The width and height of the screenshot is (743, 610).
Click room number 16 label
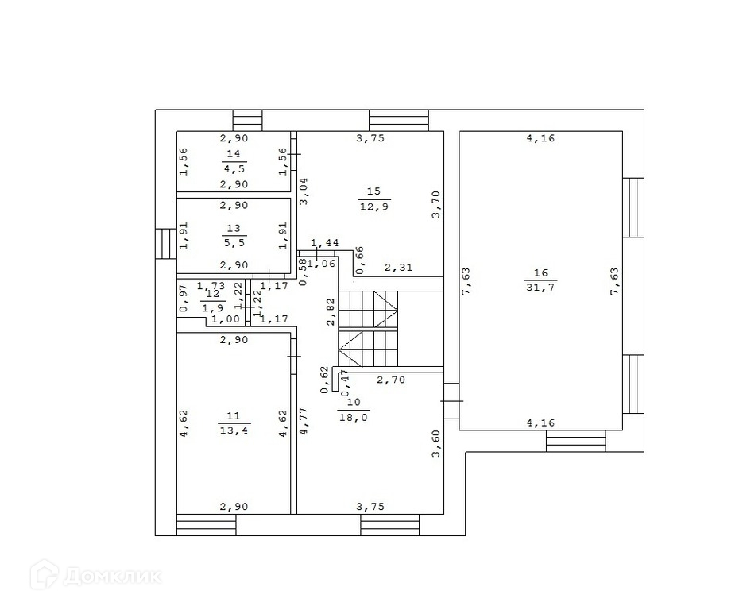click(x=540, y=274)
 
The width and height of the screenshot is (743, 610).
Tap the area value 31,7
click(x=540, y=287)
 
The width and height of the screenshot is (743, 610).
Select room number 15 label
click(x=373, y=191)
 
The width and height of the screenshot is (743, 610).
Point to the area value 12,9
click(x=373, y=206)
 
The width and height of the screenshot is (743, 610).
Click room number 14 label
click(x=234, y=153)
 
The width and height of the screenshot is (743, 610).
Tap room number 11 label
click(x=233, y=416)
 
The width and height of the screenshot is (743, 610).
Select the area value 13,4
click(x=233, y=430)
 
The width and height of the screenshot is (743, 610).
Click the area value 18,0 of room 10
click(x=354, y=415)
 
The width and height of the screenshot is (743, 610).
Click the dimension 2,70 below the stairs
click(x=390, y=380)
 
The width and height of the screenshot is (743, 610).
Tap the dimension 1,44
click(x=324, y=242)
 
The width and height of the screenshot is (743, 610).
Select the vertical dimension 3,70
click(x=435, y=204)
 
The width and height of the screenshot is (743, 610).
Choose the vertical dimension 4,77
click(x=304, y=422)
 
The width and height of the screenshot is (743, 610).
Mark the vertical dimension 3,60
click(x=435, y=443)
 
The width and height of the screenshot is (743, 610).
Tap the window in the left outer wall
click(x=166, y=244)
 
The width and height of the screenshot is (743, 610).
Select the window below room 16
click(x=575, y=440)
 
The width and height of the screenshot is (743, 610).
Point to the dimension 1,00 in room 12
click(x=229, y=319)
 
